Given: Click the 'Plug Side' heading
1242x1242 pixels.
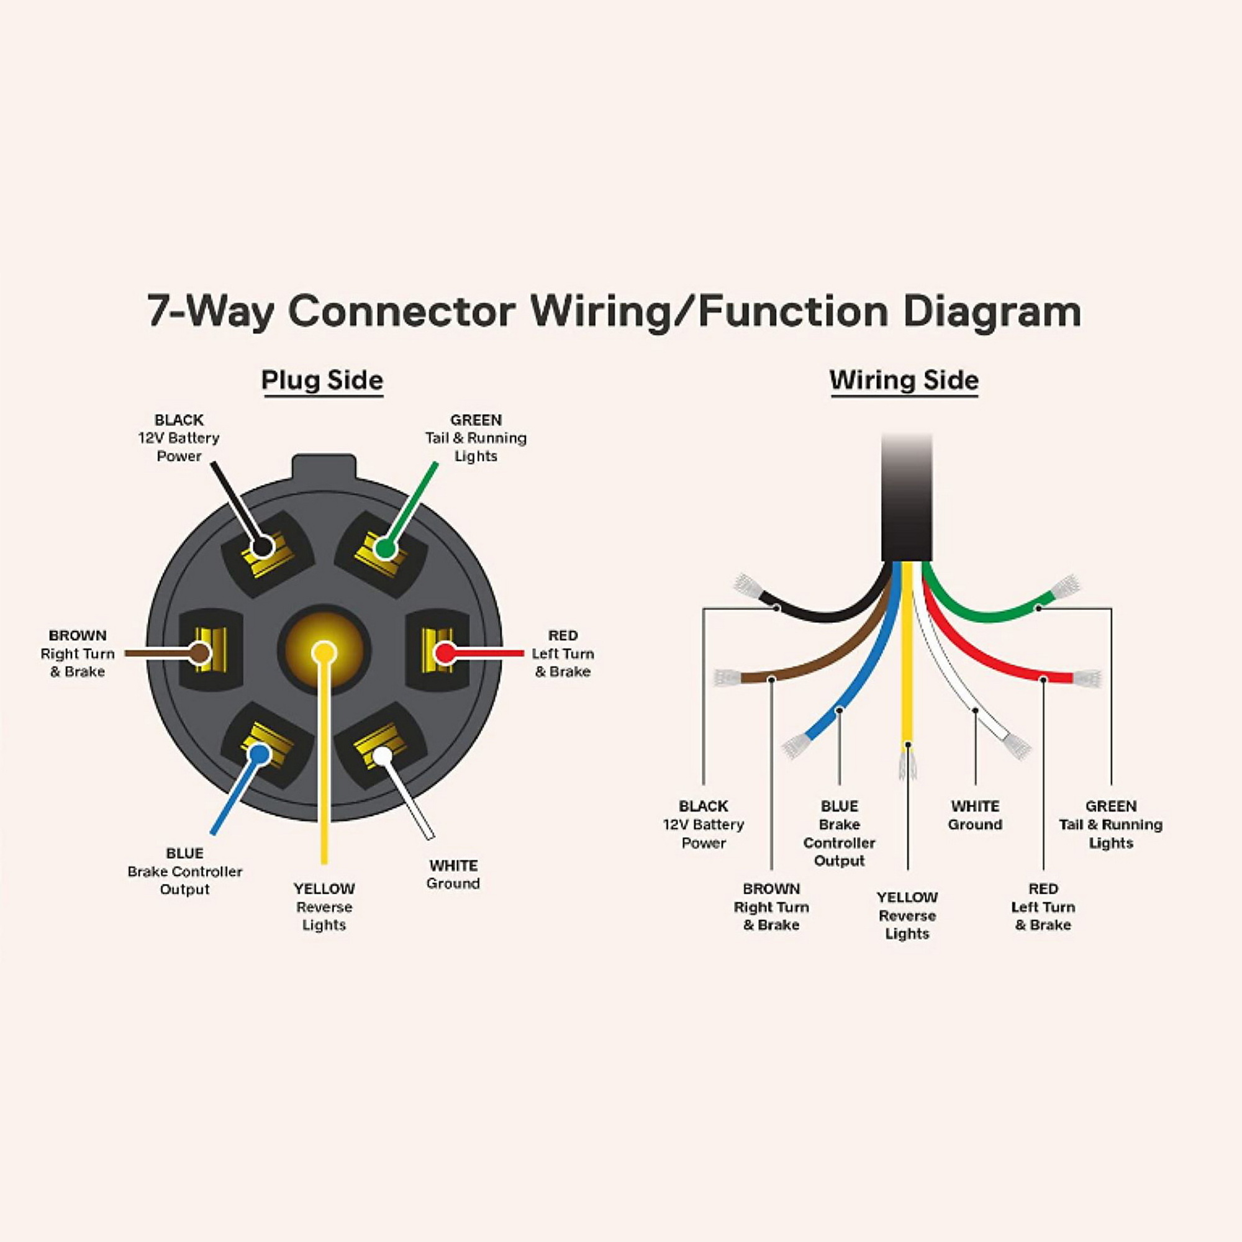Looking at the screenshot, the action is (322, 381).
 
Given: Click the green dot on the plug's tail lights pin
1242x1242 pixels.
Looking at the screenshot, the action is (384, 548).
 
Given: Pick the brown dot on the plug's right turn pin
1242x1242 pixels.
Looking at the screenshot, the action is (200, 653).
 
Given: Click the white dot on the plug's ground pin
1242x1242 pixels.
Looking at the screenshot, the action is (383, 755).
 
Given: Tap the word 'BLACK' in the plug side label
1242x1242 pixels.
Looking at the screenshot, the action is (179, 420).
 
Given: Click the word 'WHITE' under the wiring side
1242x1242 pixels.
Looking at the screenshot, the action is (975, 806).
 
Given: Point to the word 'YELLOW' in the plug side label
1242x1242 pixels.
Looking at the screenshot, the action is (324, 889).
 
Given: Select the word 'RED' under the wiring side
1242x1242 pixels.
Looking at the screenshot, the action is (1043, 889).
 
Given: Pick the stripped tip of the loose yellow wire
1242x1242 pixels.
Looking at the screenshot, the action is (908, 765).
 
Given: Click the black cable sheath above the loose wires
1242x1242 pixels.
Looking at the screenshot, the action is (906, 498).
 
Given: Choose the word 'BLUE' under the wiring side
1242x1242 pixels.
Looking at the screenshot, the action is (839, 806).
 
